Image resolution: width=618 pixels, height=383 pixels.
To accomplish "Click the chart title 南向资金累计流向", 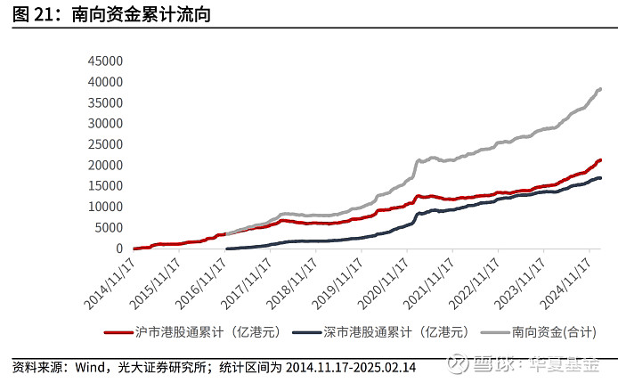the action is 141,14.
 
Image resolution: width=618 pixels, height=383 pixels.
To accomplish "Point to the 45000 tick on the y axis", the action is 105,61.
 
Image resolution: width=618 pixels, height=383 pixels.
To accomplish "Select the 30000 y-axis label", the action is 105,123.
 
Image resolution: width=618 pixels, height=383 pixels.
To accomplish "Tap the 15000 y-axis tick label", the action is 105,185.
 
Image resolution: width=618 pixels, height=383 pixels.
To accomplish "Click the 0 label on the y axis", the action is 119,249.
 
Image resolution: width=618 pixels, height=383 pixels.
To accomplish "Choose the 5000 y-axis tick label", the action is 109,227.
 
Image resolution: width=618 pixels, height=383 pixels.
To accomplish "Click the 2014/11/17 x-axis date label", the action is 110,284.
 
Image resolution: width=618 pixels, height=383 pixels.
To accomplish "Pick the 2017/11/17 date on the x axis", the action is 246,284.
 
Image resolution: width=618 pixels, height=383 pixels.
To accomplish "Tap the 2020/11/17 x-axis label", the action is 383,284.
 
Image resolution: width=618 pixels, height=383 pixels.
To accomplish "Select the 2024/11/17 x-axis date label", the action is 565,284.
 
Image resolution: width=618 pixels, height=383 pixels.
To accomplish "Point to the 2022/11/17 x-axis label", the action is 474,284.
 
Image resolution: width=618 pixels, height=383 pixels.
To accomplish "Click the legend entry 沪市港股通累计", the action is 192,332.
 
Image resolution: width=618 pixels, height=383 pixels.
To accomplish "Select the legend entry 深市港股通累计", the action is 381,332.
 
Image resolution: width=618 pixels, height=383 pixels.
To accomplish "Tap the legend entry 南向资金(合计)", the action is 539,332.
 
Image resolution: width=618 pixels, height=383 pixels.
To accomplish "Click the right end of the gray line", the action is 600,89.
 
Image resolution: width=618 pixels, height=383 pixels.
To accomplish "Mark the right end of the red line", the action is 600,160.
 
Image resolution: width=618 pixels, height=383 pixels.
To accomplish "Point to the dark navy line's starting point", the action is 226,249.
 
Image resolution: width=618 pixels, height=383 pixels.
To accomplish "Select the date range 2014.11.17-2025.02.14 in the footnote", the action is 351,367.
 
